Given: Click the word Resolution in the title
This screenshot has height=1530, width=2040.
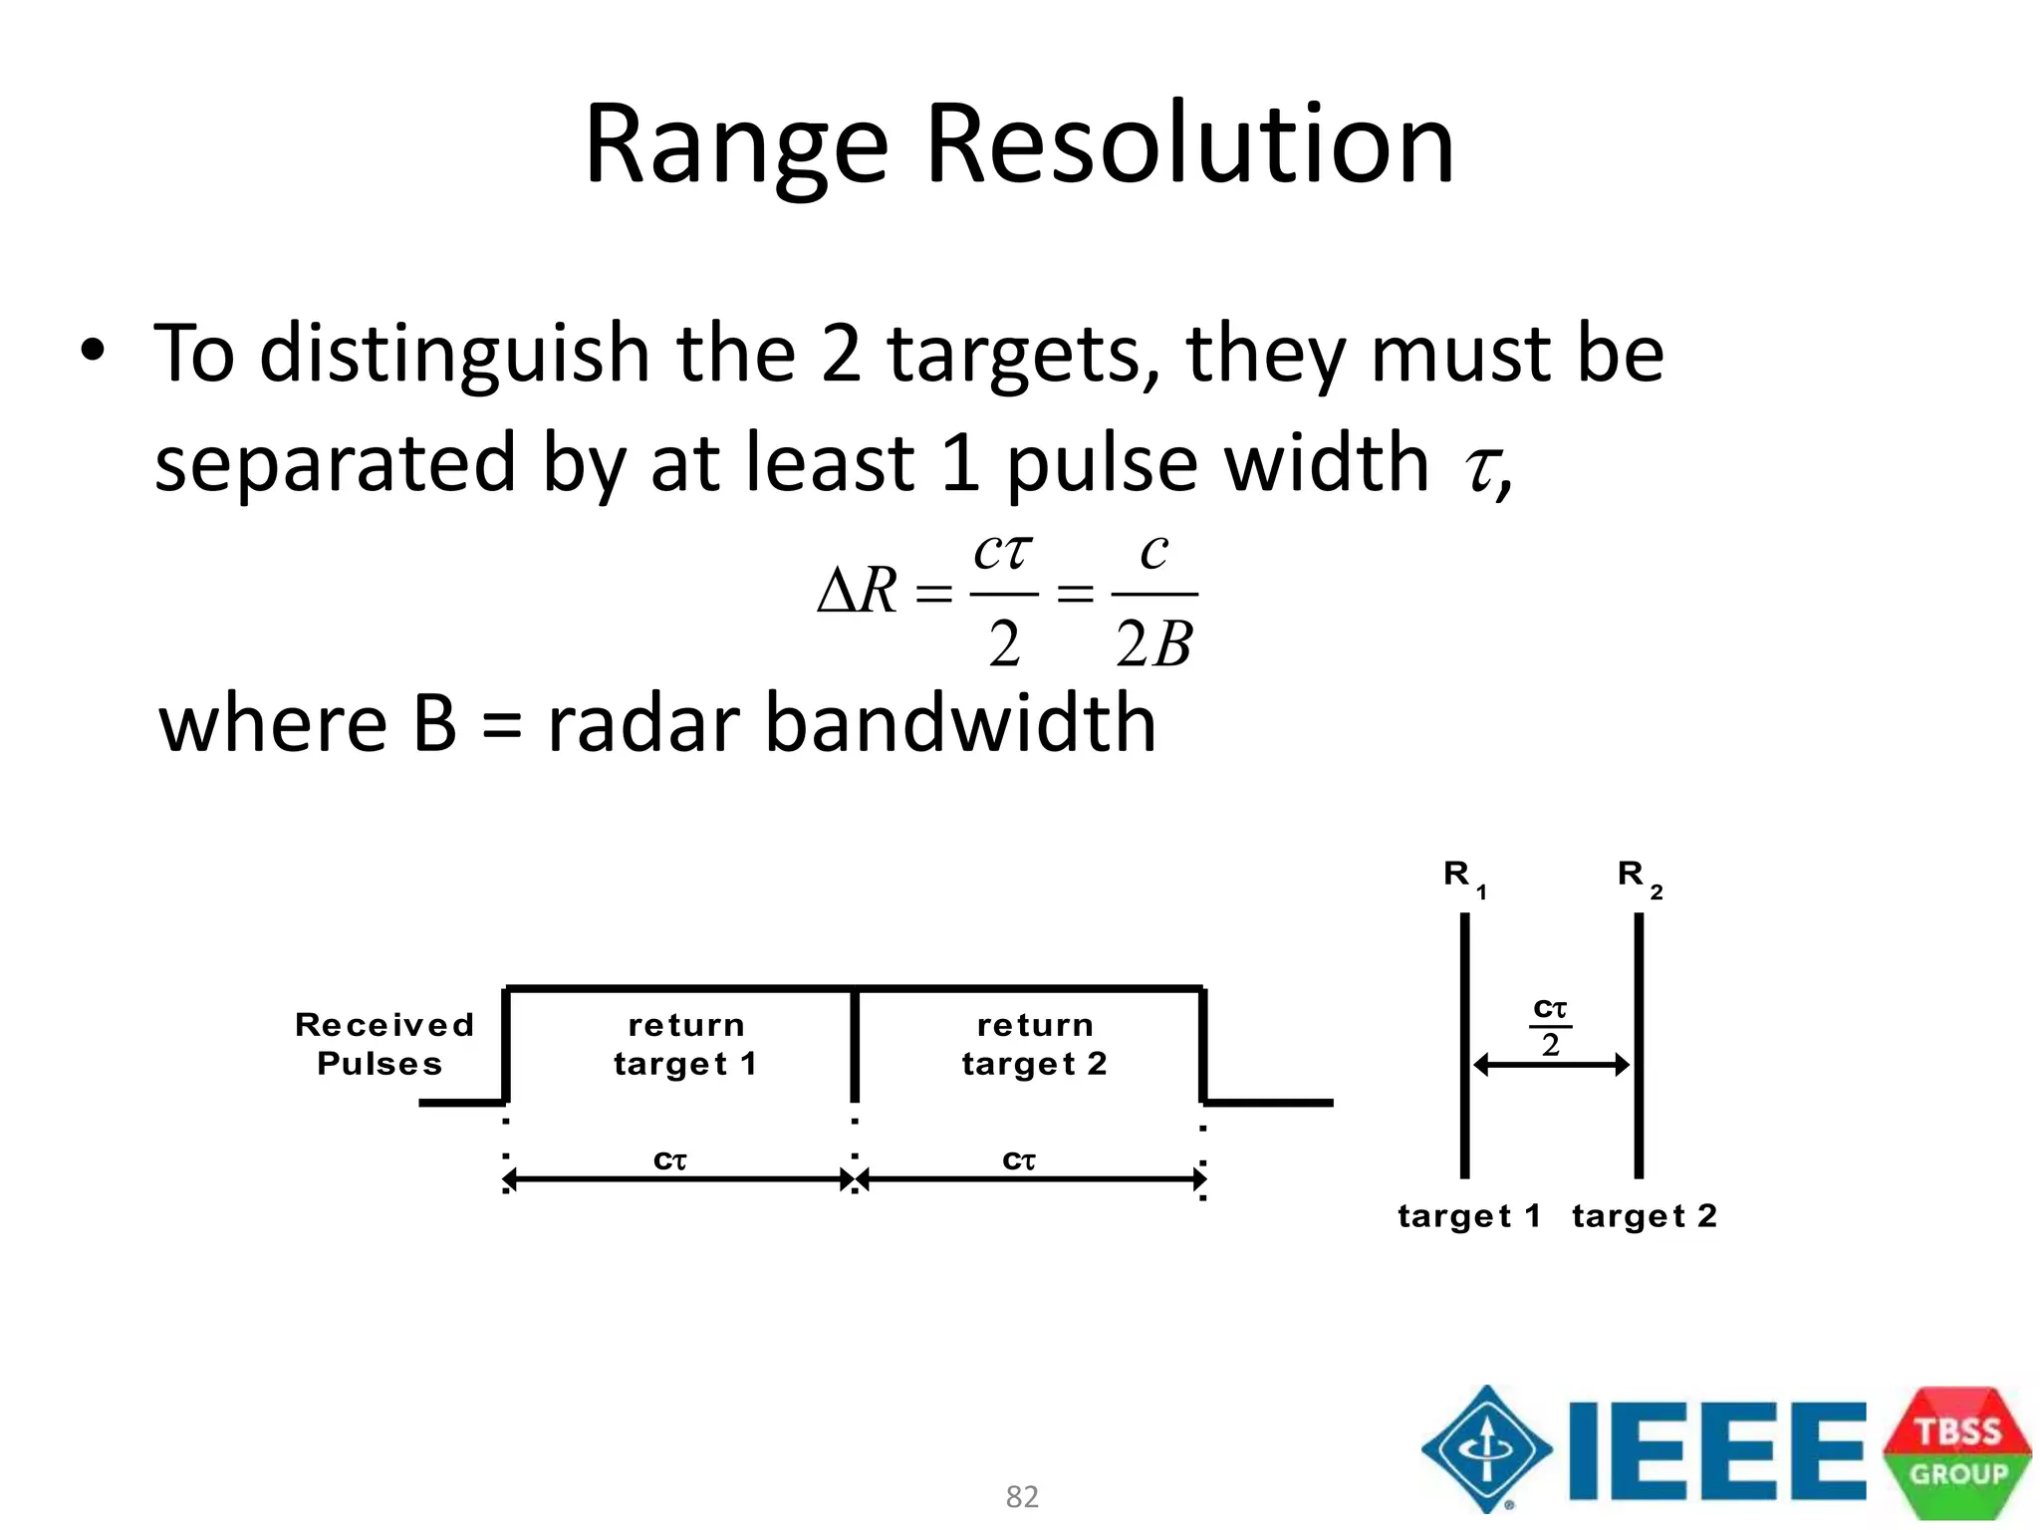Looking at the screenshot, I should [x=1189, y=145].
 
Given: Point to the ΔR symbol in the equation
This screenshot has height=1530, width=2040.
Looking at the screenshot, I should [x=858, y=592].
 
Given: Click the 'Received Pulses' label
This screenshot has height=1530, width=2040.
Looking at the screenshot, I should [x=382, y=1044].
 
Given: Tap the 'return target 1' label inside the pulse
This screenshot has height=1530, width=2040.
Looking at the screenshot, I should [x=685, y=1044].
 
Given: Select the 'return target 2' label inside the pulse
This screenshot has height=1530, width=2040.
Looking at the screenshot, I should [x=1034, y=1044].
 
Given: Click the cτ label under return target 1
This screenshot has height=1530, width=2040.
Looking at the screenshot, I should [x=670, y=1160].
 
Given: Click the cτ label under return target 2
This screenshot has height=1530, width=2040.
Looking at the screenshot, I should [x=1019, y=1160].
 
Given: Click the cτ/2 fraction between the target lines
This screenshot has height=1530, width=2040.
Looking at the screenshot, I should [x=1550, y=1026].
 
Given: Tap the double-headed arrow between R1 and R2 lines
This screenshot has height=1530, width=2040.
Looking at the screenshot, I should [x=1551, y=1065].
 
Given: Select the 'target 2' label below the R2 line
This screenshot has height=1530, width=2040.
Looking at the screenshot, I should [x=1645, y=1216].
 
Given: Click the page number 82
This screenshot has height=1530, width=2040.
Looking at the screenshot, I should [x=1022, y=1496].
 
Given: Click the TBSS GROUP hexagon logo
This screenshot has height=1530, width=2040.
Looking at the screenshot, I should [x=1957, y=1451].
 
